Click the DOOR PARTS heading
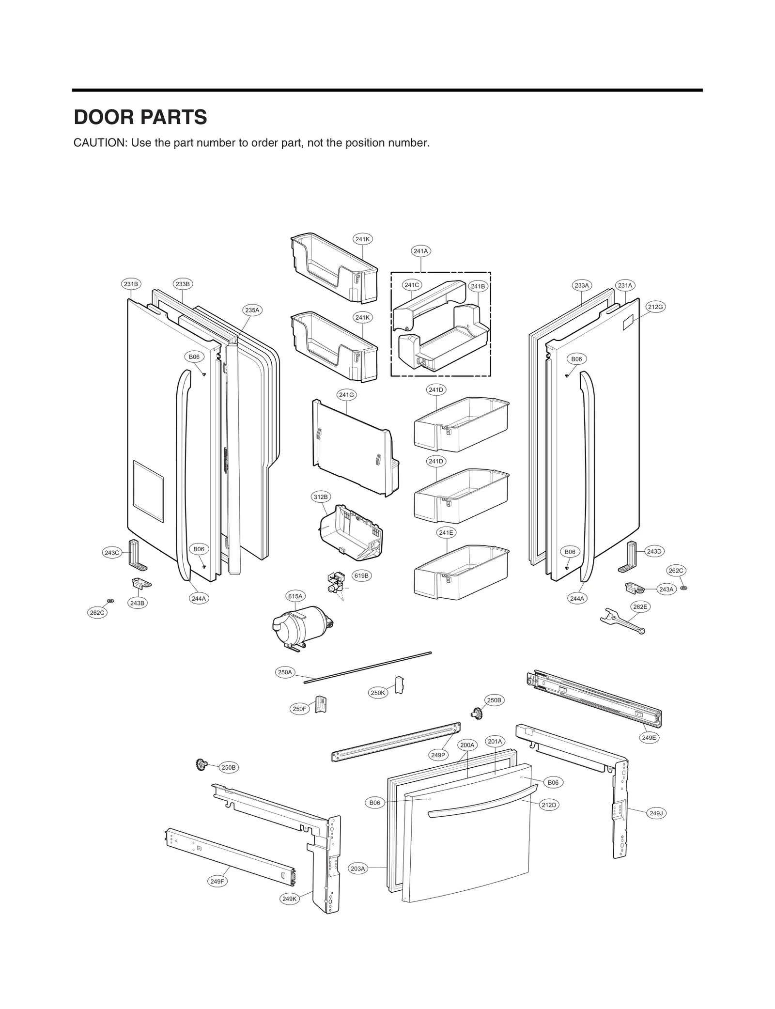(x=140, y=117)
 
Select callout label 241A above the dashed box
(x=420, y=251)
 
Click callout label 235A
(x=252, y=310)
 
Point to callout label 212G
(x=655, y=307)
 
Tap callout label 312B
(x=321, y=497)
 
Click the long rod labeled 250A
(x=368, y=667)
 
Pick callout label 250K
(x=377, y=693)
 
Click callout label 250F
(x=299, y=709)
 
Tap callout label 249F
(x=217, y=882)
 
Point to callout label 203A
(x=357, y=869)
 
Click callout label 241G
(x=346, y=395)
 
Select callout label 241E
(x=446, y=532)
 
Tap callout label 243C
(x=112, y=553)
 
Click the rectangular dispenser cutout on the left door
(x=148, y=491)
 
